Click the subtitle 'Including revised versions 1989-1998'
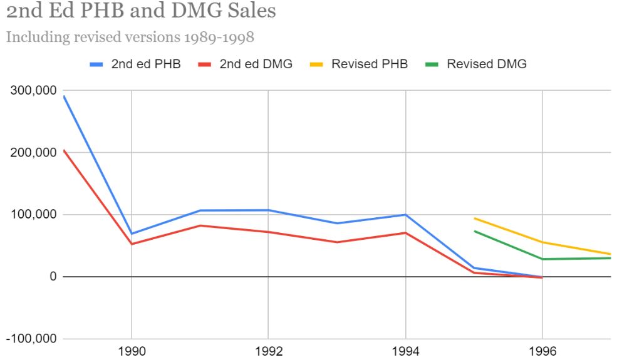[x=130, y=37]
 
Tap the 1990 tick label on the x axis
[x=132, y=351]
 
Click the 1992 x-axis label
[x=268, y=351]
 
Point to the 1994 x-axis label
[x=405, y=351]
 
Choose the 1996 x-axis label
[x=542, y=351]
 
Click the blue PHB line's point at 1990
[x=132, y=234]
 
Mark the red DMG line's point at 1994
[x=405, y=233]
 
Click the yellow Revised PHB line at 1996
[x=542, y=242]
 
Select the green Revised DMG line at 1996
[x=542, y=259]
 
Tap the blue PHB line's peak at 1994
[x=405, y=215]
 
